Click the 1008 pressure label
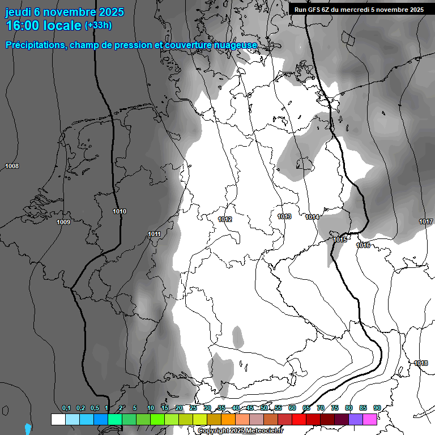coord(11,166)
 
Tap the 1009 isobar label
coord(63,222)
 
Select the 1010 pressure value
coord(120,211)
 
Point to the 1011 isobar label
coord(154,234)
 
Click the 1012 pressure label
coord(225,219)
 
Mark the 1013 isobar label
coord(284,216)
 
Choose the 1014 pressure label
coord(312,217)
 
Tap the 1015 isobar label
coord(340,240)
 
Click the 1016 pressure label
coord(363,245)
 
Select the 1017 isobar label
coord(426,221)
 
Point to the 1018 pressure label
coord(421,363)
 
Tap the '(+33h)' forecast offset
coord(98,25)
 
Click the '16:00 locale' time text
coord(44,25)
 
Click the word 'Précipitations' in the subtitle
coord(36,45)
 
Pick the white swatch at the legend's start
coord(58,419)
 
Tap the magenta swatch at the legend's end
coord(370,419)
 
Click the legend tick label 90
coord(377,408)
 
